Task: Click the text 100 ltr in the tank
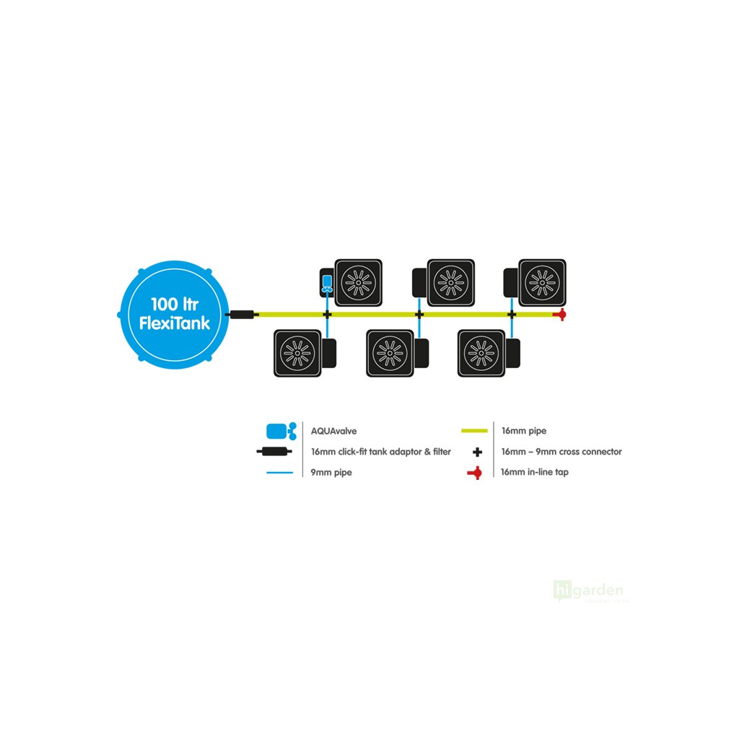pyautogui.click(x=174, y=303)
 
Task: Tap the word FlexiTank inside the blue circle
pyautogui.click(x=174, y=323)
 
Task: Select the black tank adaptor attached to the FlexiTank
pyautogui.click(x=241, y=315)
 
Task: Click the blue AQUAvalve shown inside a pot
pyautogui.click(x=326, y=282)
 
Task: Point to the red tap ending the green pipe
pyautogui.click(x=559, y=315)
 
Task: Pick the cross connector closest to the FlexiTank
pyautogui.click(x=326, y=315)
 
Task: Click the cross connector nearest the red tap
pyautogui.click(x=512, y=315)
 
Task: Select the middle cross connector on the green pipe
pyautogui.click(x=419, y=315)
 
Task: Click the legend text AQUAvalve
pyautogui.click(x=333, y=431)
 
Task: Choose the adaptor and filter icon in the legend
pyautogui.click(x=273, y=452)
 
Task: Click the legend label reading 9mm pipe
pyautogui.click(x=331, y=473)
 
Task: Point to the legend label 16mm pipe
pyautogui.click(x=524, y=431)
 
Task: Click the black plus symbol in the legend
pyautogui.click(x=476, y=452)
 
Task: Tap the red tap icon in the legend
pyautogui.click(x=474, y=473)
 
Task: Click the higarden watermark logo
pyautogui.click(x=589, y=590)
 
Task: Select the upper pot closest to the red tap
pyautogui.click(x=539, y=281)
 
